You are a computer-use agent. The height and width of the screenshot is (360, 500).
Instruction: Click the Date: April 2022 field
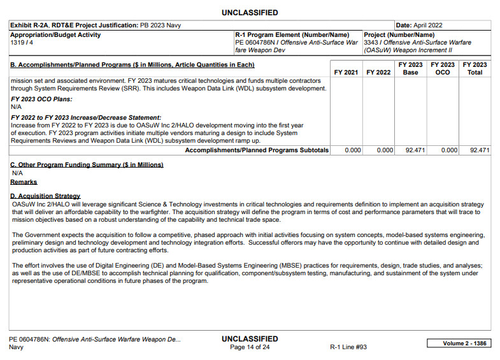coord(419,25)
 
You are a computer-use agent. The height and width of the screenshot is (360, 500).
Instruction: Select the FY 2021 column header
coord(346,73)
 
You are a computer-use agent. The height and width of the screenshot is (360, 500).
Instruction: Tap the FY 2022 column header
coord(378,73)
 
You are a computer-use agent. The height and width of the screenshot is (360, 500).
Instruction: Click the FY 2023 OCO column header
coord(443,69)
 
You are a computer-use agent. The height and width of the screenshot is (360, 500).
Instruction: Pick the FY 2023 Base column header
coord(411,69)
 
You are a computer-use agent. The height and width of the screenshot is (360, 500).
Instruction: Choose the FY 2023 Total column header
coord(475,69)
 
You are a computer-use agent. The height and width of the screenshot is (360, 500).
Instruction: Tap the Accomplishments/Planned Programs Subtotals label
coord(257,150)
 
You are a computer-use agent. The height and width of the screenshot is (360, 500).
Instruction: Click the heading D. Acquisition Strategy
coord(45,196)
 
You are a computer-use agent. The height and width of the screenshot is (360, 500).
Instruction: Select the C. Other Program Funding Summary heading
coord(87,165)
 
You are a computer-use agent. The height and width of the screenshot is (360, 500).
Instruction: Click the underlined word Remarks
coord(24,182)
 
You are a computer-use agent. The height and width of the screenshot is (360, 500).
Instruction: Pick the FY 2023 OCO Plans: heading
coord(41,99)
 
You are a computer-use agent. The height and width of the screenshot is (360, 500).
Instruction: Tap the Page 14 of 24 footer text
coord(250,347)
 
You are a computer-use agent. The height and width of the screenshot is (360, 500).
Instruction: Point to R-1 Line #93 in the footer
coord(348,347)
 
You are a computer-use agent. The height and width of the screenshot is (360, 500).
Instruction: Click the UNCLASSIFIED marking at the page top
coord(250,13)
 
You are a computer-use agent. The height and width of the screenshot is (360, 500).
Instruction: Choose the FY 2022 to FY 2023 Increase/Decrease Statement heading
coord(86,118)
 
